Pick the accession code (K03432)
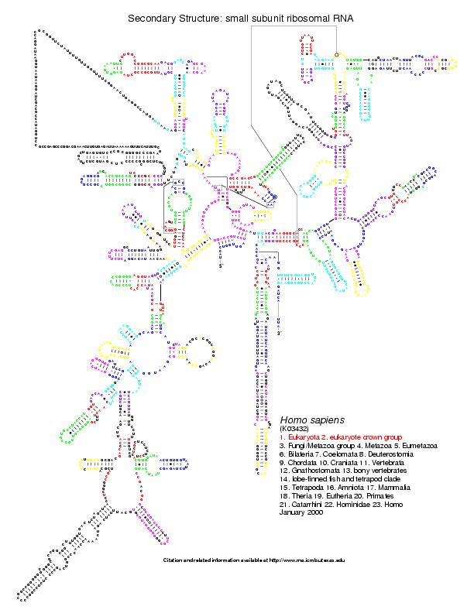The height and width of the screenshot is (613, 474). pos(295,428)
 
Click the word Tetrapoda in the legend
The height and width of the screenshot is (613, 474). pos(303,488)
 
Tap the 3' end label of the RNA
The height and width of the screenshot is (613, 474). pos(279,334)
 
